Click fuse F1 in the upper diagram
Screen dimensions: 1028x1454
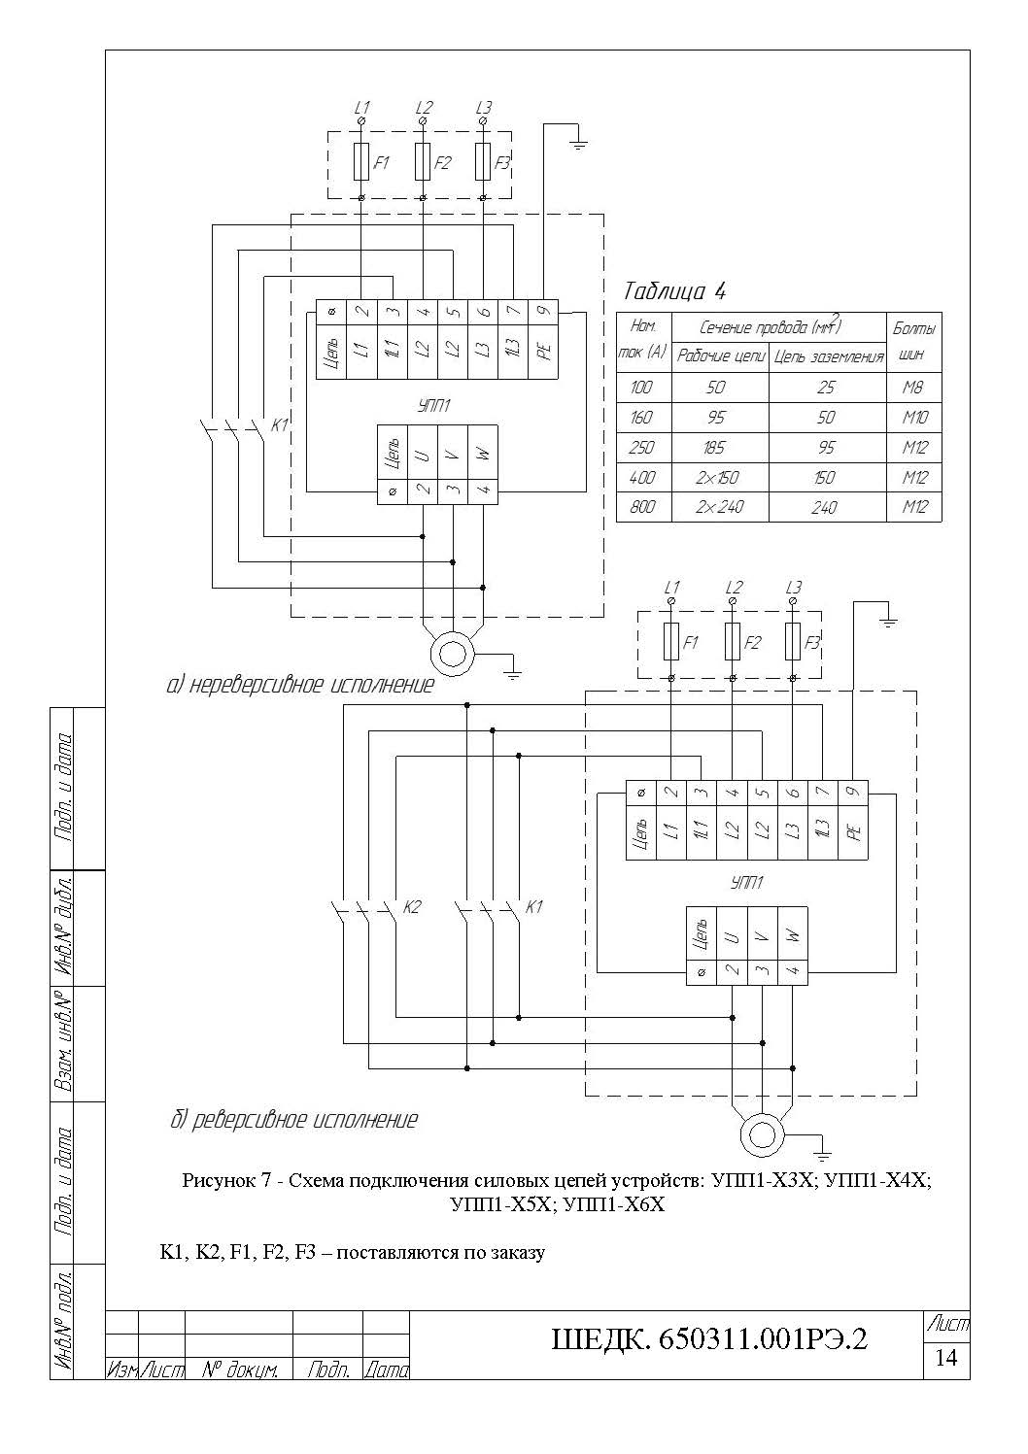361,161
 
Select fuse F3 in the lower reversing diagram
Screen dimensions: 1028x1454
792,642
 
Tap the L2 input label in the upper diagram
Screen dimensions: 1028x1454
424,107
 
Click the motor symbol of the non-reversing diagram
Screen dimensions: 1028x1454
452,654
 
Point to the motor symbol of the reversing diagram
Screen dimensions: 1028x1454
763,1135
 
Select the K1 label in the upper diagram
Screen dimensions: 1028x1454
279,425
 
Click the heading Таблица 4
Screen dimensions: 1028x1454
674,291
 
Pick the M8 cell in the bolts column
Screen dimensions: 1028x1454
912,388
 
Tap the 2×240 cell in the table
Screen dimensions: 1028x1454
720,507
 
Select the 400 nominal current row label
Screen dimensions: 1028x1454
641,477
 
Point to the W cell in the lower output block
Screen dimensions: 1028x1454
793,936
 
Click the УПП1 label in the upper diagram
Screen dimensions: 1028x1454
434,406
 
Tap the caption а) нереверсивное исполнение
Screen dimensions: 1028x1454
300,685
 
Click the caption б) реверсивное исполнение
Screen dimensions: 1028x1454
293,1120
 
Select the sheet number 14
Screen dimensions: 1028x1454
945,1357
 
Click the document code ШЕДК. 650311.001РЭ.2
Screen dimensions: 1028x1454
709,1339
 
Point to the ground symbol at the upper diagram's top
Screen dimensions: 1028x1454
577,144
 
